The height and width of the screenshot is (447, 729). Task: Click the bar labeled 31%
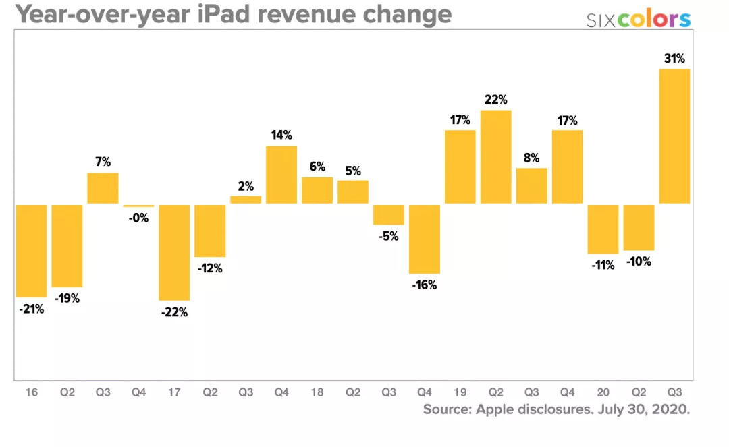point(674,136)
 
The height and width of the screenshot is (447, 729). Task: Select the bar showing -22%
point(174,252)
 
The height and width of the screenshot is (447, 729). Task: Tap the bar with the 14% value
point(281,175)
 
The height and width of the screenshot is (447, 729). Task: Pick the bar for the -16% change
point(425,239)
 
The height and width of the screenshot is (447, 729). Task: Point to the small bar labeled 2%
point(246,200)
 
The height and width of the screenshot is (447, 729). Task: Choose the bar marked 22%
point(496,156)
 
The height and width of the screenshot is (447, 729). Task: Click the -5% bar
point(389,214)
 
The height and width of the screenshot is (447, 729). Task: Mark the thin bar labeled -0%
point(138,206)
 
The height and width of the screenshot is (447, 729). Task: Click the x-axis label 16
point(31,392)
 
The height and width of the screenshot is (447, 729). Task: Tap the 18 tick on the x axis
point(317,392)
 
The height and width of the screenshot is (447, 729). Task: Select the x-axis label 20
point(603,392)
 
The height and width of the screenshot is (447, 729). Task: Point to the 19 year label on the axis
point(460,392)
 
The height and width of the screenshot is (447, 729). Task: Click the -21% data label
point(31,309)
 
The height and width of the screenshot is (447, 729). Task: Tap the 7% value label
point(103,162)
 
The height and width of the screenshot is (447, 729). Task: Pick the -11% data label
point(603,265)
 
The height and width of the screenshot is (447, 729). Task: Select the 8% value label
point(532,158)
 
